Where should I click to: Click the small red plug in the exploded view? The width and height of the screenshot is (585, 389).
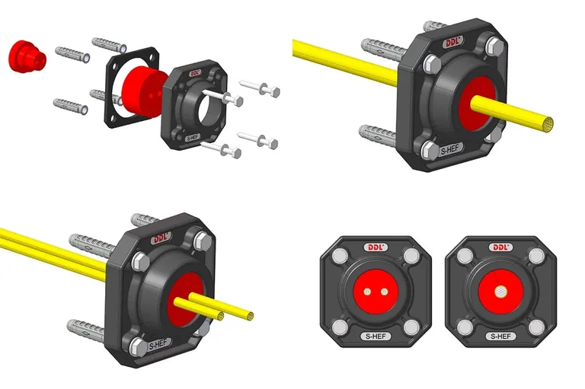(27, 56)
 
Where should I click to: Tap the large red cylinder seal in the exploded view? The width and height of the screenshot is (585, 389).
(144, 92)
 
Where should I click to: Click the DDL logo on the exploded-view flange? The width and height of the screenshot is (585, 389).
(195, 73)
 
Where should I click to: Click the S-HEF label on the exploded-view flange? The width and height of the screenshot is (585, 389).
(193, 138)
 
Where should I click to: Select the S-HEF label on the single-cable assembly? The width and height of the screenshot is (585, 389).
(449, 149)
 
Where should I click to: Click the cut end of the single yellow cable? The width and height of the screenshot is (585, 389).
(548, 124)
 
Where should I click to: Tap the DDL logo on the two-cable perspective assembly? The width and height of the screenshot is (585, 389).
(161, 238)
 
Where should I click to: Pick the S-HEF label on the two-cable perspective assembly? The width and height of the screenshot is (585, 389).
(158, 345)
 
